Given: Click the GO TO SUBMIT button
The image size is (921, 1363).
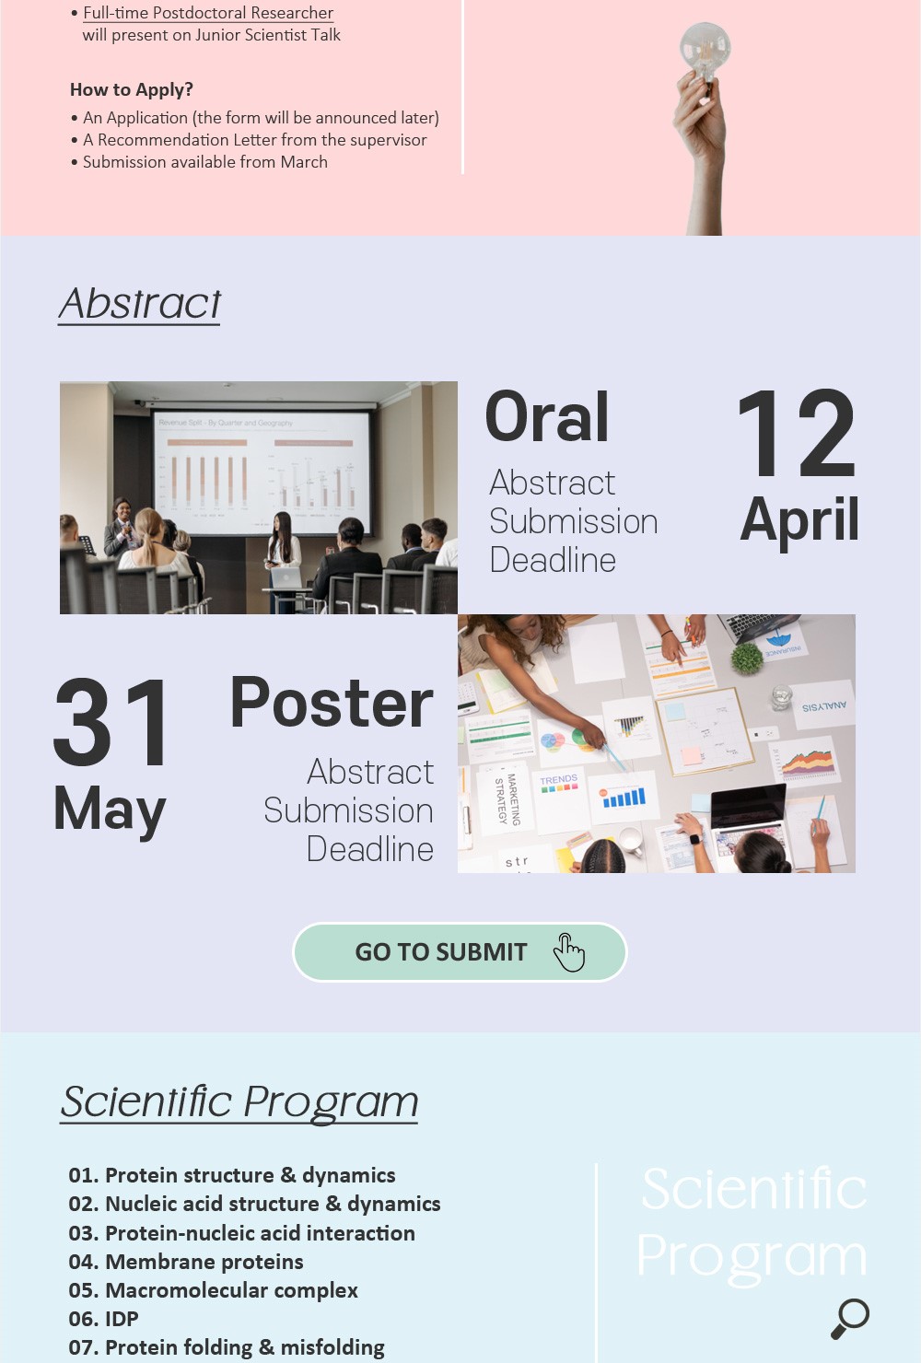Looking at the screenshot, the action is (x=460, y=952).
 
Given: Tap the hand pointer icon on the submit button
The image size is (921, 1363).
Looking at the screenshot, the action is (x=569, y=952).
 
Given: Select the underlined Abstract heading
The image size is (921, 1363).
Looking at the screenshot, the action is (x=139, y=304).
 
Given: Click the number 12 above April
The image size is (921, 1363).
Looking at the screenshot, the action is (x=797, y=433).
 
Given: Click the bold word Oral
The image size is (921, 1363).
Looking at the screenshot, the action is (x=547, y=417).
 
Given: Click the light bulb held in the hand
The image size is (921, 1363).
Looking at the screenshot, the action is (x=705, y=52).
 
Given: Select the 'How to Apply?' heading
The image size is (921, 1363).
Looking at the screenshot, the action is (x=132, y=89).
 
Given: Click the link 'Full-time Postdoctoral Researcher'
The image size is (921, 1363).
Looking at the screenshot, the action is (x=208, y=13).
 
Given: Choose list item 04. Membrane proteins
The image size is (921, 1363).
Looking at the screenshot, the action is (x=185, y=1262).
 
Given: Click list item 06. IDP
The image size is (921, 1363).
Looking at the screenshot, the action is (x=103, y=1319).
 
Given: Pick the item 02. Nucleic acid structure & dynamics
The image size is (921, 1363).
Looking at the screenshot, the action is (x=254, y=1204).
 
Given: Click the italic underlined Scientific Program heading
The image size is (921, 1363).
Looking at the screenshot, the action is (x=239, y=1102).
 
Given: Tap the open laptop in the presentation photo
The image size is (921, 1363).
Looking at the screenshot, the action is (x=286, y=578).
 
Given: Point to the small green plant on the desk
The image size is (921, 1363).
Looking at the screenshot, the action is (x=746, y=658).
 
